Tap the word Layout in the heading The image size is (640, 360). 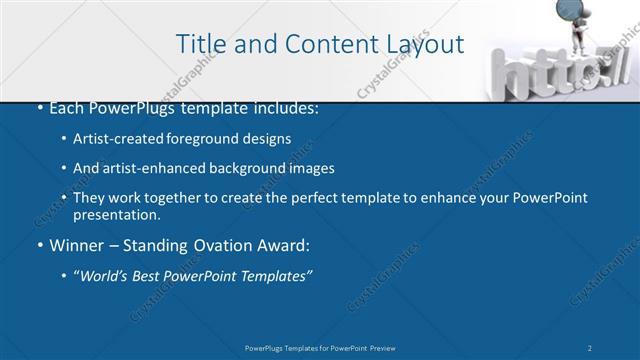point(424,44)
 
